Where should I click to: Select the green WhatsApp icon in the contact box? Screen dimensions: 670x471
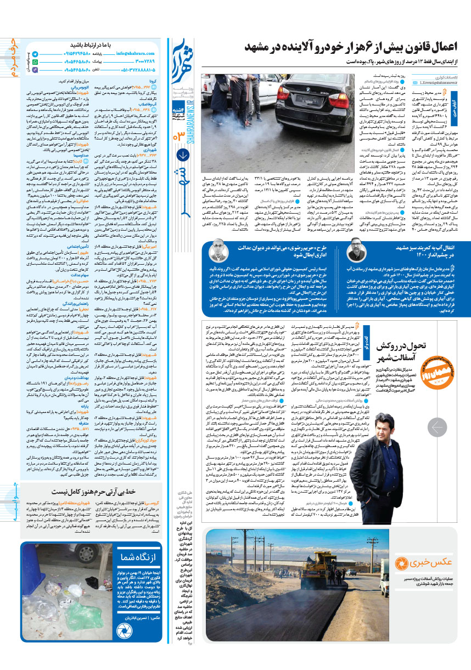click(x=35, y=63)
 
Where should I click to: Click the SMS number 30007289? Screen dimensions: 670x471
click(x=144, y=62)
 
